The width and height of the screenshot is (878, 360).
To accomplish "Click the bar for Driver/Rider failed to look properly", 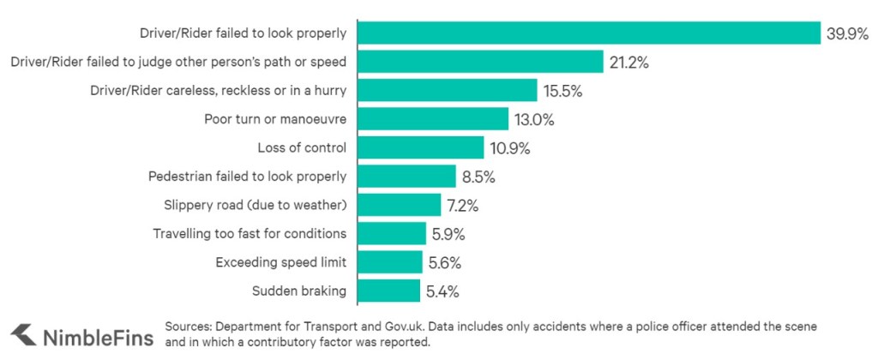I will click(x=588, y=33).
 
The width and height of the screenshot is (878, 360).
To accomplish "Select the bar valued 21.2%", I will click(x=479, y=62).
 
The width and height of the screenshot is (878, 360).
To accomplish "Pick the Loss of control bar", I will click(x=419, y=147).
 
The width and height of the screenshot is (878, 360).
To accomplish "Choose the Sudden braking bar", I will click(x=388, y=291).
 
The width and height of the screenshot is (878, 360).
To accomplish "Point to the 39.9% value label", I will click(x=848, y=33).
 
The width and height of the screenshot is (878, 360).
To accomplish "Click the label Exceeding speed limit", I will click(x=280, y=262).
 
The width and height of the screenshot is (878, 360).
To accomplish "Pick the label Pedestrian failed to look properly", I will click(x=247, y=177).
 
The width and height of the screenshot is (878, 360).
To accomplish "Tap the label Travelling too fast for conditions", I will click(x=250, y=234).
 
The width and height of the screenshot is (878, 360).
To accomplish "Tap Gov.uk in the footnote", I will click(x=402, y=327).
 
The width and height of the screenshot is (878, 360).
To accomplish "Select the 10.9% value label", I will click(x=510, y=147).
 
